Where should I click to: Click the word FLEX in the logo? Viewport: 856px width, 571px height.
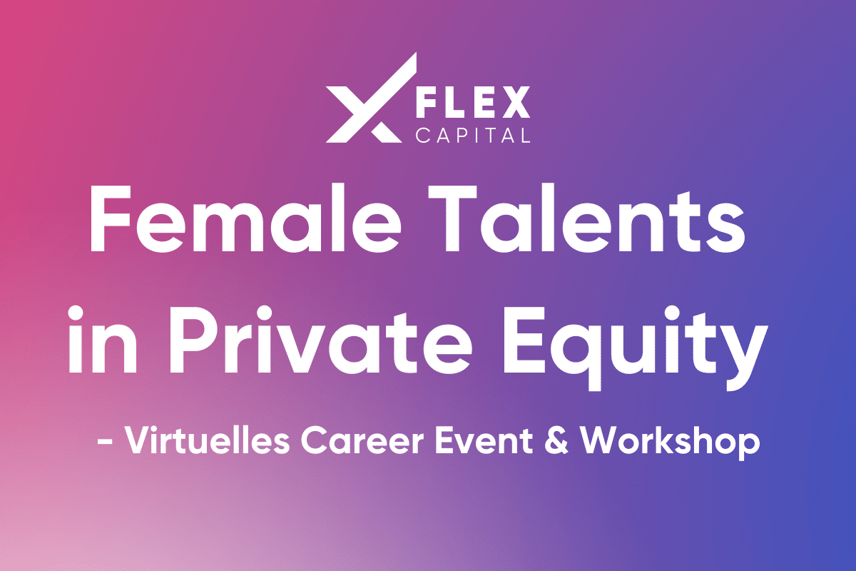[x=473, y=102]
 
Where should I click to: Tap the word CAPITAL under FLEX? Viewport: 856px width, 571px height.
[x=473, y=135]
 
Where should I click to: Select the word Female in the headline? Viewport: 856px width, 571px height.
[x=245, y=218]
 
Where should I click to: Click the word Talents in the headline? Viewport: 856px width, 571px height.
[x=586, y=218]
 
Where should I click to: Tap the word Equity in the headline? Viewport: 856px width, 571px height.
[x=636, y=348]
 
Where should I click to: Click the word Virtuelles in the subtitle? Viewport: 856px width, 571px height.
[x=208, y=441]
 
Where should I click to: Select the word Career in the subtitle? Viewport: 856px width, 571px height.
[x=362, y=442]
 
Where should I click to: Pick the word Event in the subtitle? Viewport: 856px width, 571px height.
[x=484, y=441]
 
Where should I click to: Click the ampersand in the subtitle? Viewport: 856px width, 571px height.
[x=556, y=441]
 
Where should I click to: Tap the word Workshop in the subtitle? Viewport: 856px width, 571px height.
[x=670, y=443]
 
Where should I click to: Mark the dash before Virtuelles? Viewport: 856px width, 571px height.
[x=105, y=442]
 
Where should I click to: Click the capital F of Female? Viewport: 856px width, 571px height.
[x=111, y=218]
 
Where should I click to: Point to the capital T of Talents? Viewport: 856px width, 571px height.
[x=452, y=218]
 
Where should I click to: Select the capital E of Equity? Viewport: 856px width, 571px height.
[x=524, y=340]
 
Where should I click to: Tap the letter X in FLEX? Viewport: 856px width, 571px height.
[x=516, y=102]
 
